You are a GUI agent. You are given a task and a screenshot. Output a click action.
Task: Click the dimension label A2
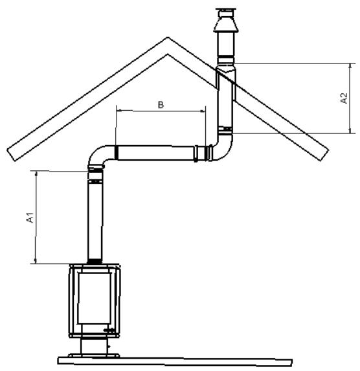[x=344, y=98]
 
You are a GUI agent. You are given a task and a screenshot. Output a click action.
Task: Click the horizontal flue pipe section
[x=155, y=153]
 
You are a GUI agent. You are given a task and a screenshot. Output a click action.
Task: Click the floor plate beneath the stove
[x=175, y=358]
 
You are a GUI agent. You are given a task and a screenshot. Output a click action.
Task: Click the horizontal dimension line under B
[x=160, y=111]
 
